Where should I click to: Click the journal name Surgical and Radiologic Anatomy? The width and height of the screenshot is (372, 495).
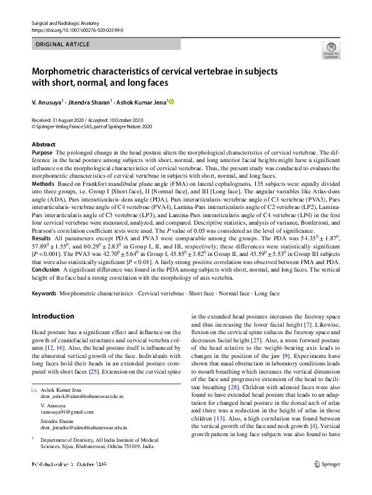click(x=61, y=23)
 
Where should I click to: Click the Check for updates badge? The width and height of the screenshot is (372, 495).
click(x=331, y=50)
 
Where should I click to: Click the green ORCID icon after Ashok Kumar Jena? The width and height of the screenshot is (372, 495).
click(x=171, y=101)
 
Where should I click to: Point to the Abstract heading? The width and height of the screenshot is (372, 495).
click(x=43, y=145)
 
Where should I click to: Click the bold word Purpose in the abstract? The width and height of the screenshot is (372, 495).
click(x=42, y=153)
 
